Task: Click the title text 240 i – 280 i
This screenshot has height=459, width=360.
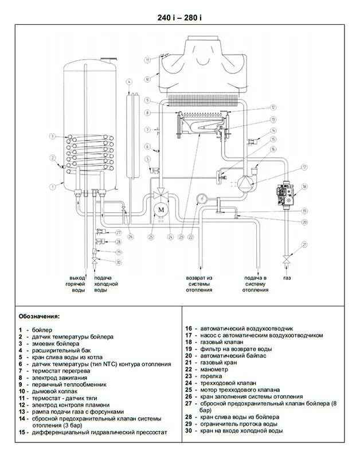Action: pos(179,17)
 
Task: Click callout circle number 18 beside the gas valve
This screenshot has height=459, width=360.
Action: pos(304,187)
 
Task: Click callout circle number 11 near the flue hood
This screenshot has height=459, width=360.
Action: pos(147,59)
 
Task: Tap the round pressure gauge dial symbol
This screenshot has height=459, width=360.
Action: pos(201,199)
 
